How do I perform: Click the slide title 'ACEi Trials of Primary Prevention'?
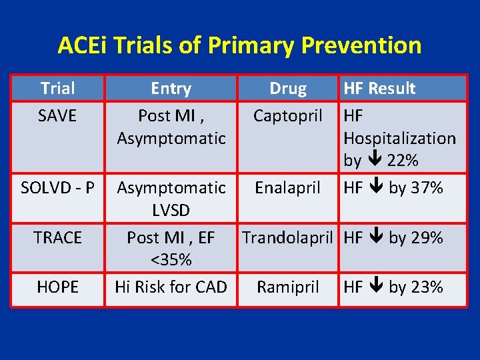(239, 45)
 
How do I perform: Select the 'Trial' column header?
(57, 88)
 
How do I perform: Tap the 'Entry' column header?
(171, 88)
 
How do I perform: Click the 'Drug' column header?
(288, 88)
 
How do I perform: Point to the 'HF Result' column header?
(379, 88)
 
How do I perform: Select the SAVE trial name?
(57, 116)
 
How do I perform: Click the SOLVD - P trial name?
(57, 188)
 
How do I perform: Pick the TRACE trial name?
(57, 237)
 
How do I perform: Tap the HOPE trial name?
(57, 287)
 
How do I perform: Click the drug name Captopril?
(288, 116)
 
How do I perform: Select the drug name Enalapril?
(288, 188)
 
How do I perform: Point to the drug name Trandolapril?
(288, 237)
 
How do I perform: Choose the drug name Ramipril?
(288, 287)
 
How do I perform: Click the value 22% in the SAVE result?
(403, 161)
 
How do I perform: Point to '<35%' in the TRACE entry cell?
(171, 259)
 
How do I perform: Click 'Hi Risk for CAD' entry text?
(171, 287)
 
